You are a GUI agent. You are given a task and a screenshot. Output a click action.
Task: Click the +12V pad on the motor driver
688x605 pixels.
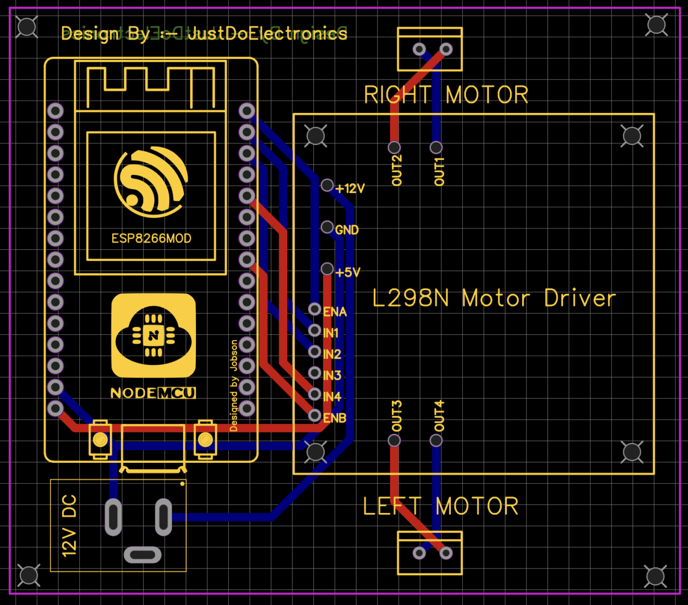coord(327,185)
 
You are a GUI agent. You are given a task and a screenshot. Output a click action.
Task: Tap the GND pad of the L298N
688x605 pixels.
coord(327,227)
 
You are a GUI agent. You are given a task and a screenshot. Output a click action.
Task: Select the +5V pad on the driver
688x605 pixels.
coord(327,269)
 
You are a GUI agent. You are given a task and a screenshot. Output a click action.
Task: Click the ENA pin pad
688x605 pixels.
coord(314,309)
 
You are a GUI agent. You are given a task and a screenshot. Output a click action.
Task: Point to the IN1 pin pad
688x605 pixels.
coord(314,330)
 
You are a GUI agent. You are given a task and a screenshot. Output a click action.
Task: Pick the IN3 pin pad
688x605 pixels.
coord(314,373)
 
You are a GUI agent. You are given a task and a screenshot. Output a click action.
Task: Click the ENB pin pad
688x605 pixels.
coord(314,415)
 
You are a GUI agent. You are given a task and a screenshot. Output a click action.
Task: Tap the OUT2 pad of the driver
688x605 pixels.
coord(395,147)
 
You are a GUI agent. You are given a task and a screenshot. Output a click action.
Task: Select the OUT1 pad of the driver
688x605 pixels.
coord(436,147)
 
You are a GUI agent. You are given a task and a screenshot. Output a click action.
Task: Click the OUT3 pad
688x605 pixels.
coord(395,440)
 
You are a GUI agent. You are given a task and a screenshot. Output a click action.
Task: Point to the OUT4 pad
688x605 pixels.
coord(436,440)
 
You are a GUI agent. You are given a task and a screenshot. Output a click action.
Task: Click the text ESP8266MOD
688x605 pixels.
coord(151,238)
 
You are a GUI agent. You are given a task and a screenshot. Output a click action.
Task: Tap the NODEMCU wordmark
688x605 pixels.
coord(153,393)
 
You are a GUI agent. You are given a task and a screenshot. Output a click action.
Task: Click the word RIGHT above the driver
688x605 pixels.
coord(398,95)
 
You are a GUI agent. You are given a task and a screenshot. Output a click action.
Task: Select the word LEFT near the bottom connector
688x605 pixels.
coord(392,507)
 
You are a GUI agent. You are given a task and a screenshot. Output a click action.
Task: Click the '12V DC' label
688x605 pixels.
coord(69,525)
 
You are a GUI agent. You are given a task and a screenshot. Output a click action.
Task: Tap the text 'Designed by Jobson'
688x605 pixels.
coord(234,385)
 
